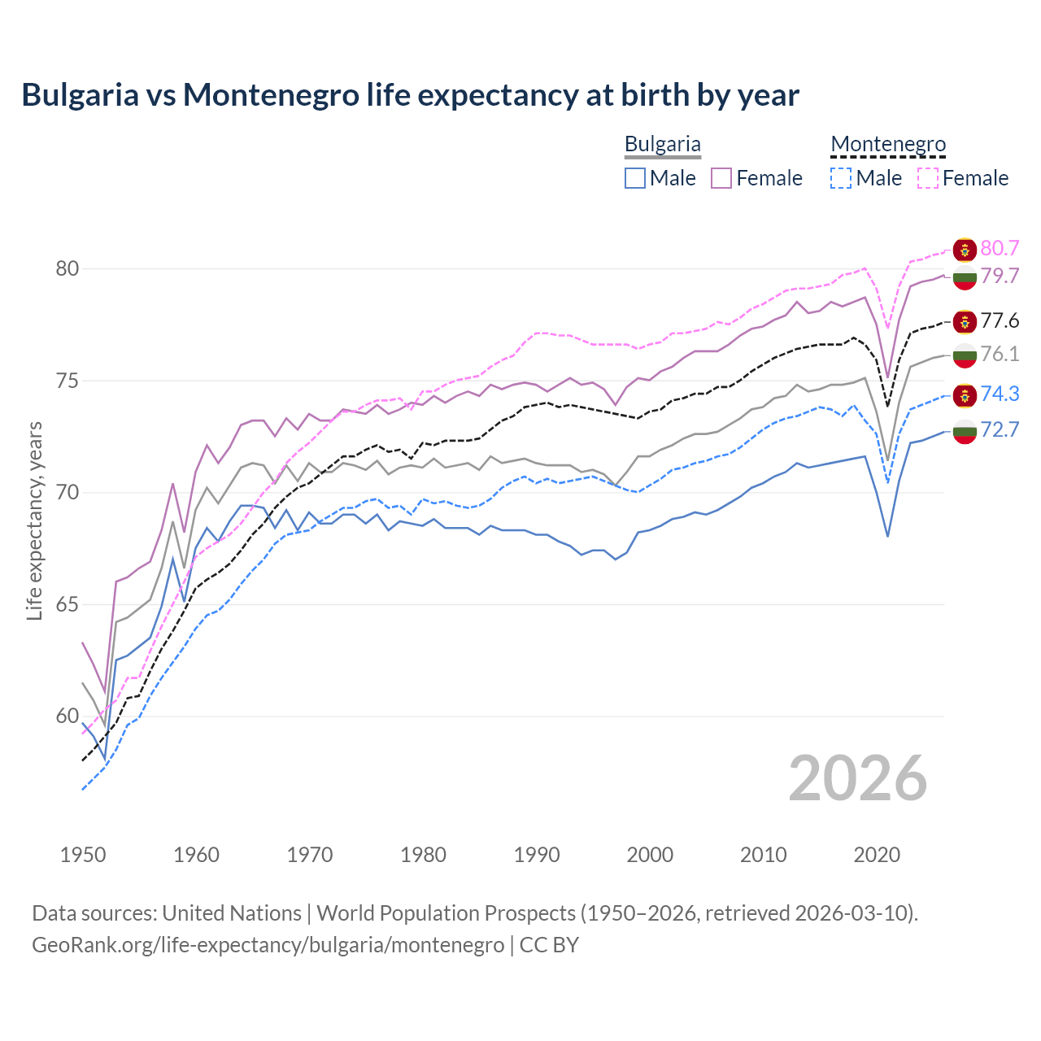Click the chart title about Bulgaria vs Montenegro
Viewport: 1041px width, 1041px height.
(x=410, y=95)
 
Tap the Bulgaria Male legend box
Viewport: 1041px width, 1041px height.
(x=635, y=178)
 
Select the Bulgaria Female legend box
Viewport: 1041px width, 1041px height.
(x=721, y=178)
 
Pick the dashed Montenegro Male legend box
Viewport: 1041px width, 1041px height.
(x=841, y=178)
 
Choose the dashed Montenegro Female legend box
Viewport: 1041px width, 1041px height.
(x=928, y=178)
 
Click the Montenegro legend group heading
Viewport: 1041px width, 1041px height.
(x=888, y=145)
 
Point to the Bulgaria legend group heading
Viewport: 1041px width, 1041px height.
(x=662, y=145)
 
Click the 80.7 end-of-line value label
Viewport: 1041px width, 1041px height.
(x=1000, y=248)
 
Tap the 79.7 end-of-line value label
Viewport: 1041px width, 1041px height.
(x=1000, y=276)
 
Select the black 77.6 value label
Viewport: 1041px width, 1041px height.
(x=1000, y=320)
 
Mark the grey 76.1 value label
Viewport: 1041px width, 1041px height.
(x=1000, y=354)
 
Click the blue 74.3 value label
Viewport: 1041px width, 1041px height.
(x=1000, y=394)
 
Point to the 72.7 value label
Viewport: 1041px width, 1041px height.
(x=1000, y=429)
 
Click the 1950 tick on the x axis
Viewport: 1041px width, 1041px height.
(x=83, y=855)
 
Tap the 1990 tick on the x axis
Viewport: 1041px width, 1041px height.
(x=537, y=855)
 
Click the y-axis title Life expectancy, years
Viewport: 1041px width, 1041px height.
(x=34, y=520)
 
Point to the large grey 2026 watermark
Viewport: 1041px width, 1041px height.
(x=857, y=778)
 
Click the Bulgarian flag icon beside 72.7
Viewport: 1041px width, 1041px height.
(x=965, y=432)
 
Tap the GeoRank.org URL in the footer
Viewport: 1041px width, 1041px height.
(x=268, y=945)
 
